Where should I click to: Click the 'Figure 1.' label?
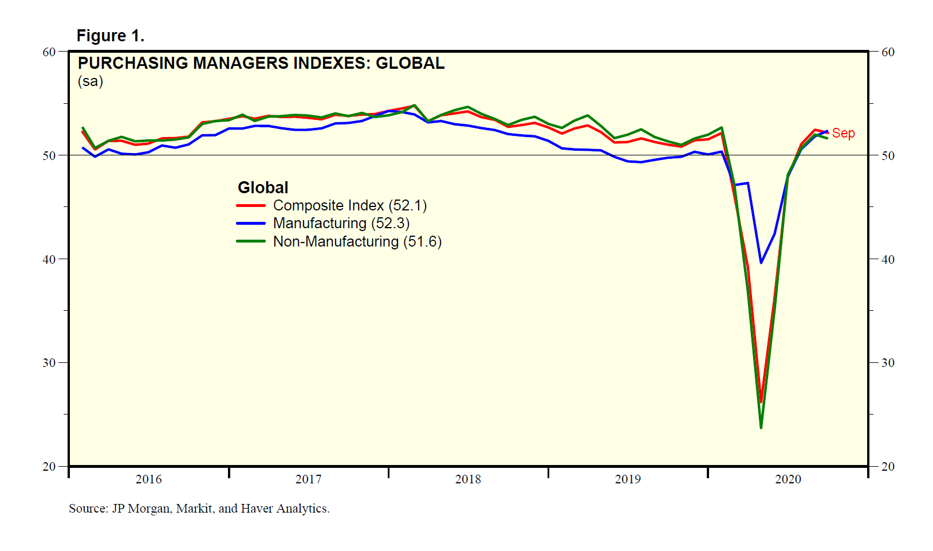point(110,36)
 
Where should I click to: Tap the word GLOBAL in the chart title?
point(410,63)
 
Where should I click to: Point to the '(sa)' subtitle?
point(90,81)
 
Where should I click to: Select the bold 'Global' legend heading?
point(263,187)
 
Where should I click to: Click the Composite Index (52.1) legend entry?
point(349,205)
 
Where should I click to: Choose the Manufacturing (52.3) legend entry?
point(341,223)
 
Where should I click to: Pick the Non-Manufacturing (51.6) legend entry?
point(357,241)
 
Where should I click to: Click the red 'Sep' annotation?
point(843,133)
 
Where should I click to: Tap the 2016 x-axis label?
point(148,479)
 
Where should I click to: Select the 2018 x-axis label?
point(468,479)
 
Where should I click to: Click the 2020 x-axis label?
point(788,479)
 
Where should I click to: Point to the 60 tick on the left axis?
point(49,52)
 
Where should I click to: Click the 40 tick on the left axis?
point(49,259)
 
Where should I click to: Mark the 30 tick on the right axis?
point(888,362)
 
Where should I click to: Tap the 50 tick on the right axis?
point(888,155)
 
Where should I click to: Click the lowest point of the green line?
point(761,428)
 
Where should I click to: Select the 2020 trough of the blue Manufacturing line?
point(761,263)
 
